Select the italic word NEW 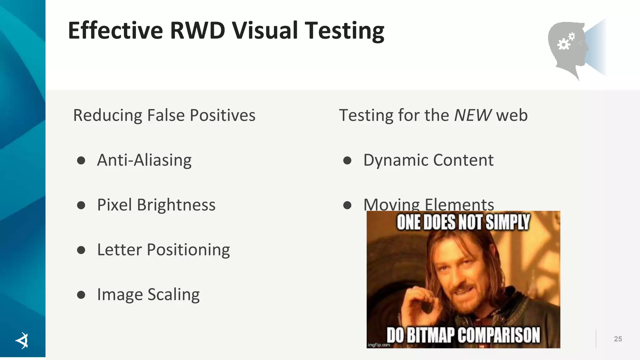click(473, 115)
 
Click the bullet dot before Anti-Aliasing click(81, 161)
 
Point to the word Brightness click(176, 205)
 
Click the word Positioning click(188, 250)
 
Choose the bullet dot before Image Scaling click(81, 295)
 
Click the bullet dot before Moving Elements click(347, 205)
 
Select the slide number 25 click(618, 339)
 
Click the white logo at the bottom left click(22, 340)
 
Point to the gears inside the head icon click(566, 42)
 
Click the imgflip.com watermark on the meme click(379, 345)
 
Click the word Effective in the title click(115, 31)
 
